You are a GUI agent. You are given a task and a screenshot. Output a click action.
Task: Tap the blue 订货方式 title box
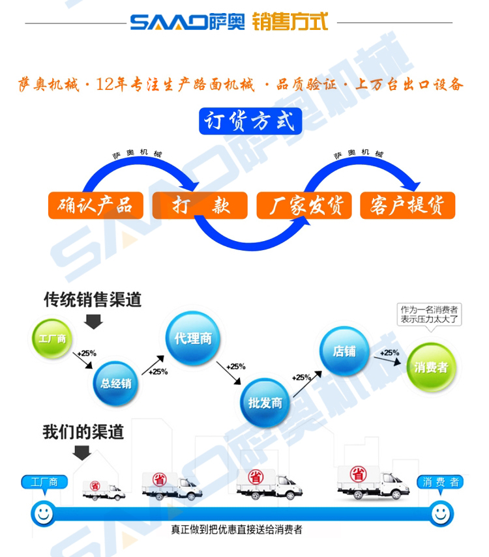(250, 122)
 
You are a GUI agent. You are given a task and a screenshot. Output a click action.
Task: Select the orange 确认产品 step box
(95, 205)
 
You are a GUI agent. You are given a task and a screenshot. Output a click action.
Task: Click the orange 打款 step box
(200, 205)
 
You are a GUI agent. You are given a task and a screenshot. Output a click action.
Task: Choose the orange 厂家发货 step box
(303, 205)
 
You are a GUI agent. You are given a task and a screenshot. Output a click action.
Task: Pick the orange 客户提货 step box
(407, 205)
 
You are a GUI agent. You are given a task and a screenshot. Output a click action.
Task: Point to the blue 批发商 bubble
(265, 402)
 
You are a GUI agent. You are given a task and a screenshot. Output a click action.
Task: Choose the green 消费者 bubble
(431, 367)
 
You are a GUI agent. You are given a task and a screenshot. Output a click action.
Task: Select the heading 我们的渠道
(83, 432)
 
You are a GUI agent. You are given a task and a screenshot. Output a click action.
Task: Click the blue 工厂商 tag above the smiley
(43, 483)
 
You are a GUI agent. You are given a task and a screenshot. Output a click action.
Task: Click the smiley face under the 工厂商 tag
(44, 512)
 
